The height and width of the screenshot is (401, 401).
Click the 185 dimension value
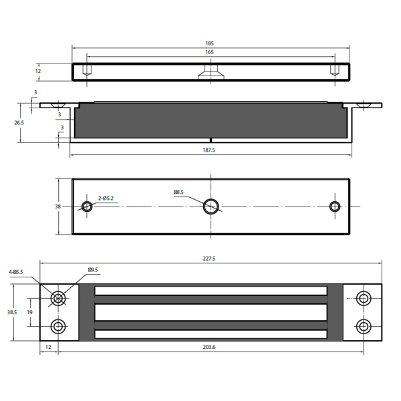point(209,43)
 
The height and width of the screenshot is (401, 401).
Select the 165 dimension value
point(209,52)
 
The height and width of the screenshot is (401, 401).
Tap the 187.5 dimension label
point(209,150)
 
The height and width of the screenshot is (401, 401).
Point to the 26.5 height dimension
point(19,123)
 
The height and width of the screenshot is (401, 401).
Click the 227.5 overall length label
point(209,259)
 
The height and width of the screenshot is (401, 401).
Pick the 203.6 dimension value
point(209,347)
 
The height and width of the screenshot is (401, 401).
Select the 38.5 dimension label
point(12,312)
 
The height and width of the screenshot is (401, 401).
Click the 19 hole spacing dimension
point(29,312)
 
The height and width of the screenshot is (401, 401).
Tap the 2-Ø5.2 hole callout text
point(106,198)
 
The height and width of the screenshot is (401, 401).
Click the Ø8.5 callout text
point(178,192)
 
